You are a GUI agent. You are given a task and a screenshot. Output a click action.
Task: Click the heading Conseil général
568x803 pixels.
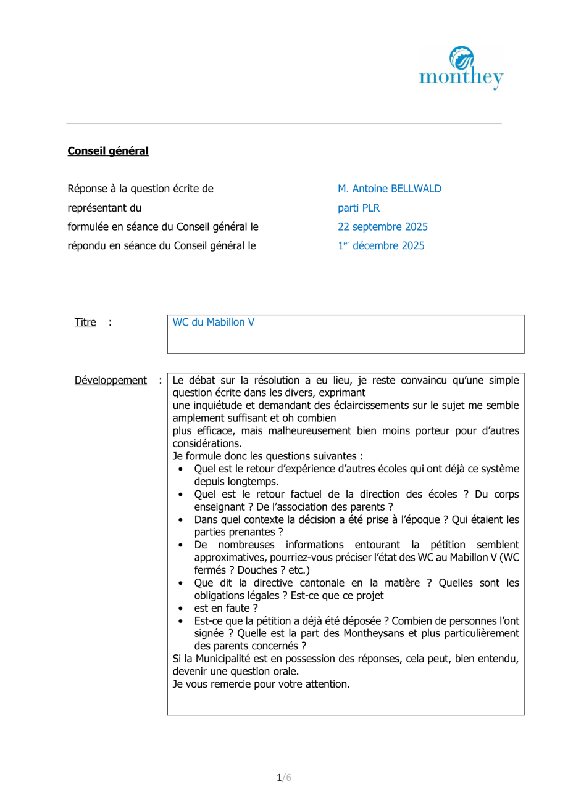click(x=108, y=150)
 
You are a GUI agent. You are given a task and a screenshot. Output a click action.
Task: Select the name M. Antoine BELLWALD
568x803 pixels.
click(x=389, y=188)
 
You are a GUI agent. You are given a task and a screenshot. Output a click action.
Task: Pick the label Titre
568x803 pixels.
click(x=84, y=323)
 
